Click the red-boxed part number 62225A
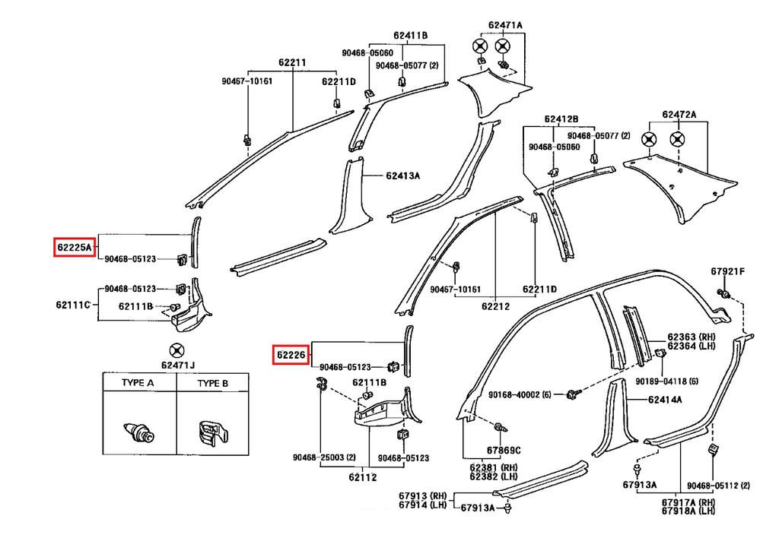(74, 247)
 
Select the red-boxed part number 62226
(291, 355)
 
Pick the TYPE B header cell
(213, 383)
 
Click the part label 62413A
(403, 176)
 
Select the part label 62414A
(665, 400)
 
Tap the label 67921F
(727, 271)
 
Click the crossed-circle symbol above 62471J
(176, 350)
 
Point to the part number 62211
(292, 62)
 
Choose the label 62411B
(410, 35)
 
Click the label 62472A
(679, 115)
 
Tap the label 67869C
(504, 451)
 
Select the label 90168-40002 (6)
(520, 394)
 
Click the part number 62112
(363, 477)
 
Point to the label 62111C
(73, 305)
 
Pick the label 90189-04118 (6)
(666, 381)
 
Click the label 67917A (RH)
(688, 502)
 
